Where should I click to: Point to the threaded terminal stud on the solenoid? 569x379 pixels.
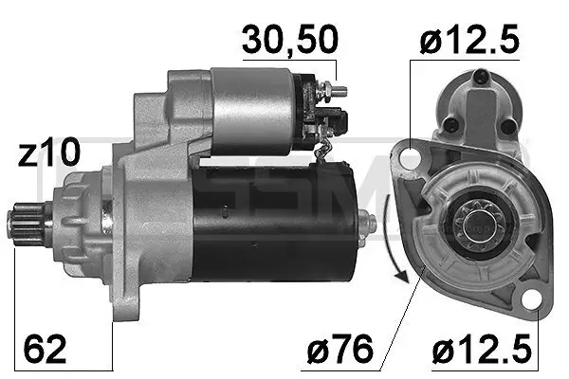tap(334, 91)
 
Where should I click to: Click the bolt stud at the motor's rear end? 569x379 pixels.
tap(370, 224)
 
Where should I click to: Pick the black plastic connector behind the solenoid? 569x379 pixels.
tap(334, 121)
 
